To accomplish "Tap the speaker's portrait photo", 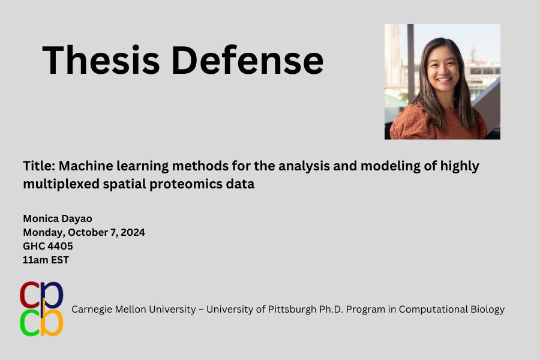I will pyautogui.click(x=442, y=82).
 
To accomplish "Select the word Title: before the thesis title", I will pyautogui.click(x=39, y=166).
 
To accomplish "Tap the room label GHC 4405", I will pyautogui.click(x=48, y=246).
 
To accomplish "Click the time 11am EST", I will pyautogui.click(x=46, y=260).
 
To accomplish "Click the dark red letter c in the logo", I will pyautogui.click(x=31, y=295).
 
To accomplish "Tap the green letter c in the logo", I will pyautogui.click(x=31, y=323).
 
